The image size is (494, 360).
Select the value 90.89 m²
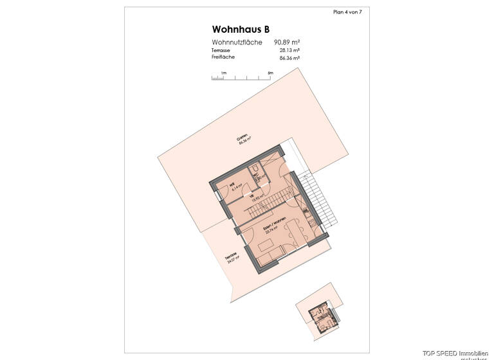click(x=288, y=42)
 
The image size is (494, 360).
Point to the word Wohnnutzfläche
click(x=236, y=42)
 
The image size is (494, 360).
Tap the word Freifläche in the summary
click(x=223, y=57)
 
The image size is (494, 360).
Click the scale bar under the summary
click(x=242, y=78)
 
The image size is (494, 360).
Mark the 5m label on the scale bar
click(x=271, y=73)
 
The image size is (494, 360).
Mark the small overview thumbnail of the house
click(x=320, y=313)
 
